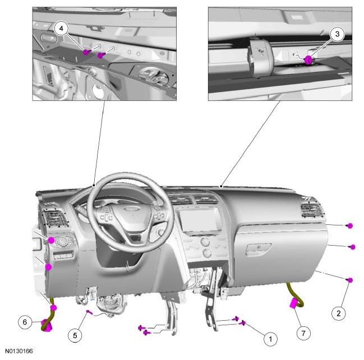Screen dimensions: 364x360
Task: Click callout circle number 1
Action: pos(270,339)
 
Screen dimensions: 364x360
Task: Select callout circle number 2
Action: pos(338,313)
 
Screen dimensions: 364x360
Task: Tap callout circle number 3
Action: pos(337,34)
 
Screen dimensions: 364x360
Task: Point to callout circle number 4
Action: pos(61,29)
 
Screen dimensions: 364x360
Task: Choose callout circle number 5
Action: pos(75,335)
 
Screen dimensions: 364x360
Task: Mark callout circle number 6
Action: pos(25,322)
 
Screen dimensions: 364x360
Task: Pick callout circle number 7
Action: pos(303,333)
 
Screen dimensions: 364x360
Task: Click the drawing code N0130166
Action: pos(19,350)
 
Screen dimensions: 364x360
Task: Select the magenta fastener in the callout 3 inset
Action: pos(308,60)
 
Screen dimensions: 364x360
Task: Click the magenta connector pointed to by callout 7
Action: pos(294,303)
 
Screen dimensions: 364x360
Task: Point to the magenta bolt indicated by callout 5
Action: pos(89,312)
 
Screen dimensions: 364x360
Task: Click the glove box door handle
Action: pos(259,249)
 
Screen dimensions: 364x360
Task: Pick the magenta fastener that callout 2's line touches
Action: pos(350,280)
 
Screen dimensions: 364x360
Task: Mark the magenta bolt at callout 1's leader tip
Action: pos(243,322)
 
